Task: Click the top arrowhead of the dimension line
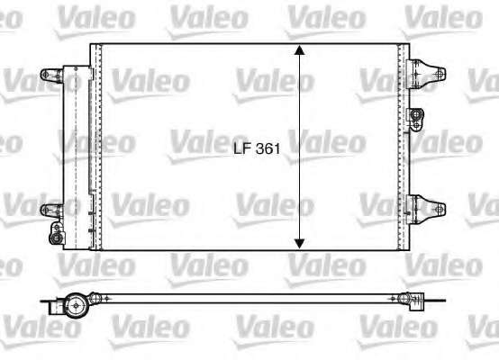[300, 53]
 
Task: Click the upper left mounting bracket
[51, 76]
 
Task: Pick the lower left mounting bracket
[51, 211]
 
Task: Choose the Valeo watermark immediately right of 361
[329, 141]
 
